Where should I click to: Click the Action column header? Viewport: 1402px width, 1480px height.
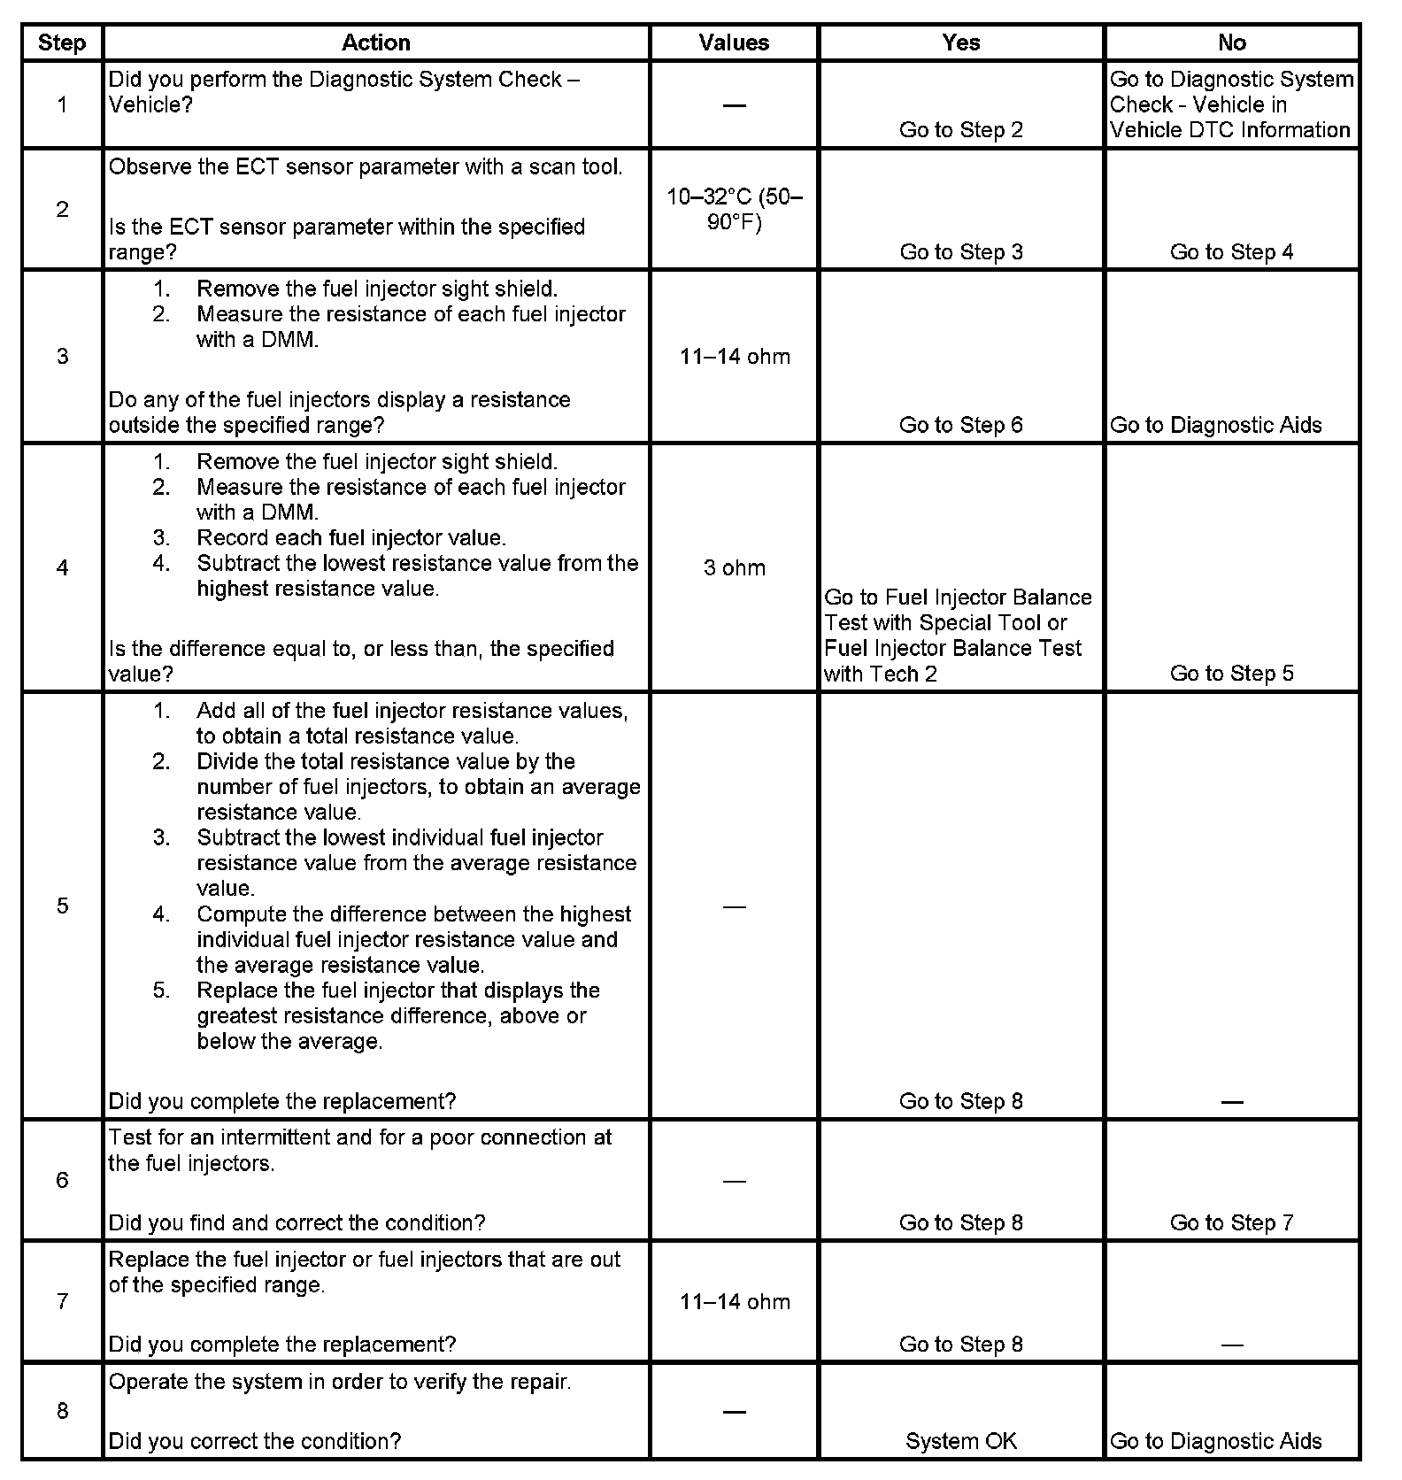pyautogui.click(x=376, y=42)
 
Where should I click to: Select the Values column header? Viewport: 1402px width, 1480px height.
pyautogui.click(x=734, y=42)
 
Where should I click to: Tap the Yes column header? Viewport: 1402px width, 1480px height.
pyautogui.click(x=961, y=42)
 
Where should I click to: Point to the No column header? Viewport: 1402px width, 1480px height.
pyautogui.click(x=1231, y=42)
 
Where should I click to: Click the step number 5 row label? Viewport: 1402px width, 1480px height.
pyautogui.click(x=62, y=906)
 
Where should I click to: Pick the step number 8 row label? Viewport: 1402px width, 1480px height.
pyautogui.click(x=62, y=1410)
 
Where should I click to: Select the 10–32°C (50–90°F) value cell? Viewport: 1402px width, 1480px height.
pyautogui.click(x=734, y=209)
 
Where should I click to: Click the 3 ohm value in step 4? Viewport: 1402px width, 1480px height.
pyautogui.click(x=734, y=567)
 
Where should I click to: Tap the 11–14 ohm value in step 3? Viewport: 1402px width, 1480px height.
pyautogui.click(x=735, y=357)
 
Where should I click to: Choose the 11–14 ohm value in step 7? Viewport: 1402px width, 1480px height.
pyautogui.click(x=735, y=1301)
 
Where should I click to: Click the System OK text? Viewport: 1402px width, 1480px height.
pyautogui.click(x=961, y=1441)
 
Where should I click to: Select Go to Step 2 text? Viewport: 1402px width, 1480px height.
pyautogui.click(x=961, y=130)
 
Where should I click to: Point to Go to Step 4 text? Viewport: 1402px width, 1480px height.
pyautogui.click(x=1231, y=252)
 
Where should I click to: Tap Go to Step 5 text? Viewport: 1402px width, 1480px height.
pyautogui.click(x=1231, y=674)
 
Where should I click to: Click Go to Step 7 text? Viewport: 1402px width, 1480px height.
pyautogui.click(x=1231, y=1222)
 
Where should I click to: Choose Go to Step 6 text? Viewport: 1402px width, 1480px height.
pyautogui.click(x=961, y=425)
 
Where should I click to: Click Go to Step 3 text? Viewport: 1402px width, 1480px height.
pyautogui.click(x=961, y=252)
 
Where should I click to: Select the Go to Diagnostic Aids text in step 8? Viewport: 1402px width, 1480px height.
pyautogui.click(x=1215, y=1441)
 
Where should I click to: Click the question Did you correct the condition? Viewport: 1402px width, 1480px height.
pyautogui.click(x=254, y=1441)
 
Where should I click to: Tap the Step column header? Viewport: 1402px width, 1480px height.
pyautogui.click(x=62, y=42)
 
